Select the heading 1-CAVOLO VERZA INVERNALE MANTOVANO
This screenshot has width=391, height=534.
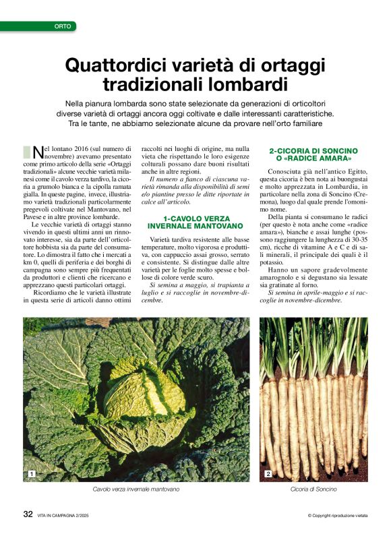(195, 222)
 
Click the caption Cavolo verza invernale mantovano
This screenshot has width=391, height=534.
(137, 489)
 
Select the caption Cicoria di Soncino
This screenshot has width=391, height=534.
(313, 489)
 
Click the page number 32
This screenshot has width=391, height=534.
(28, 514)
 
